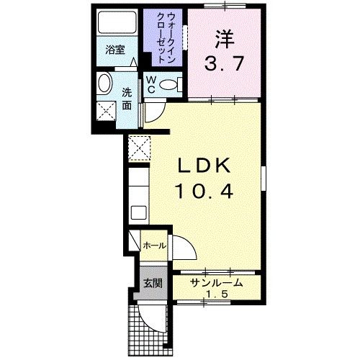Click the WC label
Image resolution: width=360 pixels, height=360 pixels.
(153, 86)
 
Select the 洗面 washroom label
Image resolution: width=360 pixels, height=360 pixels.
(126, 99)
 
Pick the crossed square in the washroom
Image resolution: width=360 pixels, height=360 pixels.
(108, 111)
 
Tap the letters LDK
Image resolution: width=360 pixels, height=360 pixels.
(204, 167)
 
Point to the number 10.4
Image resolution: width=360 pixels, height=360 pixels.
(204, 192)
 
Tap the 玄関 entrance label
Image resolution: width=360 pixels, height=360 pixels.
(151, 283)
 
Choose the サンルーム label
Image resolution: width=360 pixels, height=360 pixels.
(216, 284)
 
